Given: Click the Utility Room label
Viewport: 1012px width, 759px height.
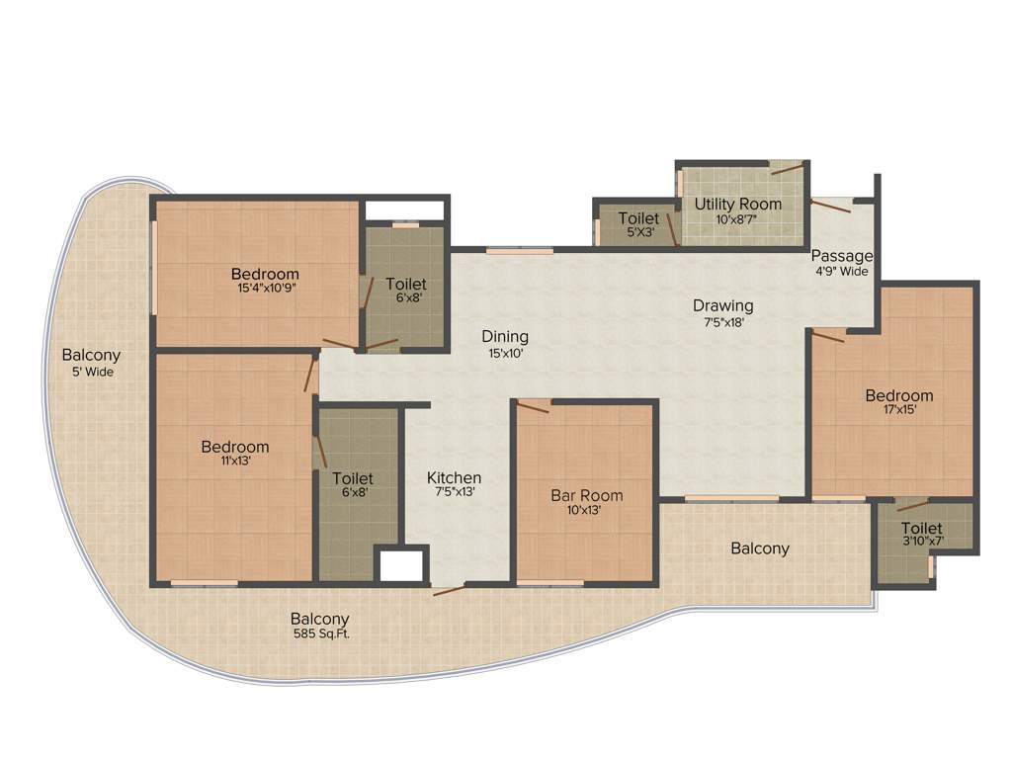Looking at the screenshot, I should pyautogui.click(x=737, y=204).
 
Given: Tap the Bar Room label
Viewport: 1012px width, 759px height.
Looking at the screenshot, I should pyautogui.click(x=587, y=495).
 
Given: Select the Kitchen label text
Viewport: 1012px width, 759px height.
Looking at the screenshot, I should pyautogui.click(x=454, y=477).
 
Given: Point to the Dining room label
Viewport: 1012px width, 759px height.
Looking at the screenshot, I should pyautogui.click(x=505, y=336).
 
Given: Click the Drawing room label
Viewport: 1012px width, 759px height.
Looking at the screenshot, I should pyautogui.click(x=722, y=305).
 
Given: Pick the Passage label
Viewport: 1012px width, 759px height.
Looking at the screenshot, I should pyautogui.click(x=843, y=256).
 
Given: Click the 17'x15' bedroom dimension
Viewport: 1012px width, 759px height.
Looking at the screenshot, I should pyautogui.click(x=898, y=410).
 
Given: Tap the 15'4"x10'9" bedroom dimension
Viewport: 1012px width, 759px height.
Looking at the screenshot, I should pyautogui.click(x=265, y=289).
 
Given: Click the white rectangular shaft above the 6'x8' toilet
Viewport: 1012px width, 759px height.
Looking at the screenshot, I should pyautogui.click(x=405, y=211).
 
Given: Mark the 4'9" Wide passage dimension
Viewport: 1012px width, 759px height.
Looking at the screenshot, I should pyautogui.click(x=842, y=271).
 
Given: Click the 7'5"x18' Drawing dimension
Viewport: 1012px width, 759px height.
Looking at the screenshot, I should pyautogui.click(x=722, y=321).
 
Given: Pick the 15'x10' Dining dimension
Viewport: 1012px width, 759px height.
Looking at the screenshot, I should pyautogui.click(x=504, y=352).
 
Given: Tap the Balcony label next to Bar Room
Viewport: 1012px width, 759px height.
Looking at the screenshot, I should pyautogui.click(x=760, y=548).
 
